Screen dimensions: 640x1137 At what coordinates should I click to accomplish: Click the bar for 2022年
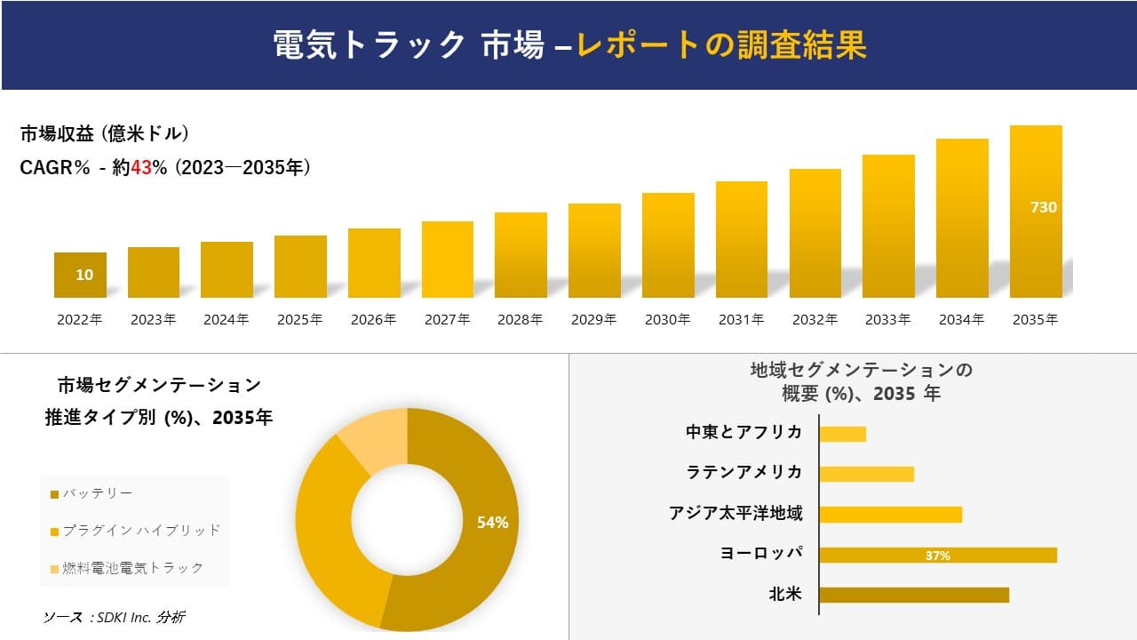click(80, 275)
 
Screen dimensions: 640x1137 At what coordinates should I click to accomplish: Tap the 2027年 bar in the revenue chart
click(448, 260)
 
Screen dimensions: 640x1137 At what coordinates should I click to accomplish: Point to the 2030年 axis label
click(667, 320)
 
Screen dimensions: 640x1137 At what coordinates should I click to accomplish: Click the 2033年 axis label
click(887, 320)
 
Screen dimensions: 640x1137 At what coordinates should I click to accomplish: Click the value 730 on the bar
click(1043, 207)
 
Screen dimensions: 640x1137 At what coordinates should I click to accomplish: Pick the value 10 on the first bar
click(84, 275)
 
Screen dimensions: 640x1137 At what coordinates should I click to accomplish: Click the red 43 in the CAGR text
click(141, 168)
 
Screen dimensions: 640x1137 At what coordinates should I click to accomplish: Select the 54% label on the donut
click(492, 523)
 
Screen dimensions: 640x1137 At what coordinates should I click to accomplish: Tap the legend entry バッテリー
click(98, 493)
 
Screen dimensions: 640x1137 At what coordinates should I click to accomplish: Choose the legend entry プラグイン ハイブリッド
click(140, 531)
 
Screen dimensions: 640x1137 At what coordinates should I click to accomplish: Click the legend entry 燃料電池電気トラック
click(132, 568)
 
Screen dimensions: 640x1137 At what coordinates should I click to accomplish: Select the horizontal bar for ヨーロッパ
click(937, 555)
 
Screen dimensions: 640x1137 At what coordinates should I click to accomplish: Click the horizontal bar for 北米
click(913, 595)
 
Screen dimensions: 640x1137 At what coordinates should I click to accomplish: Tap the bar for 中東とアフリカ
click(842, 434)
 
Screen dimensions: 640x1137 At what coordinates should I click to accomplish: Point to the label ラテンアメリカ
click(743, 472)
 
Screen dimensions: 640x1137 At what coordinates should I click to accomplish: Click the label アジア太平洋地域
click(735, 513)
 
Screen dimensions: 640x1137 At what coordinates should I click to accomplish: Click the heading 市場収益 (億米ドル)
click(104, 134)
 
